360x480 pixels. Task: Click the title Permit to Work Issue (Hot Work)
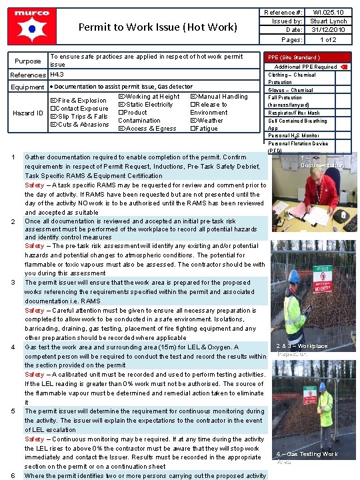[158, 27]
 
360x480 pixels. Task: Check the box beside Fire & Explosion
[54, 101]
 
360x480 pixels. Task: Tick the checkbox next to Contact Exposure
[54, 109]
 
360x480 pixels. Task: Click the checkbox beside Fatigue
[193, 129]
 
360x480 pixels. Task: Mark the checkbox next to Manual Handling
[193, 97]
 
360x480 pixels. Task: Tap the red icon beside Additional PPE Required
[343, 67]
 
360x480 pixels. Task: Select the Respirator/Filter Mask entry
[294, 113]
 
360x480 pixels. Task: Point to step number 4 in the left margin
[14, 347]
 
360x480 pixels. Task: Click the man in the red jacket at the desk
[321, 190]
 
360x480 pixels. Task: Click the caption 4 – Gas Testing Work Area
[307, 457]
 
